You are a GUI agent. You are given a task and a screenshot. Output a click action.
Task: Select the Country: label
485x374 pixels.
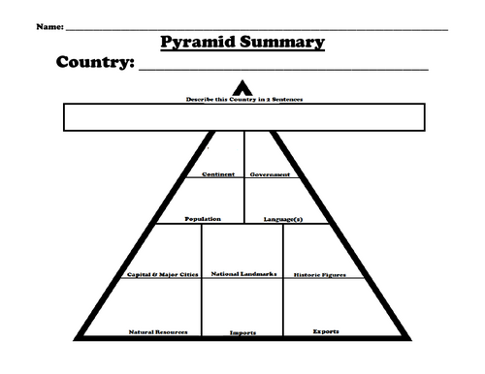coord(92,65)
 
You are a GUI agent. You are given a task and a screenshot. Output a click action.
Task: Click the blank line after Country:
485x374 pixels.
coord(281,70)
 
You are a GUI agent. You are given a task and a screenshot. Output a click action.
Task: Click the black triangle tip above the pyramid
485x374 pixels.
coord(242,87)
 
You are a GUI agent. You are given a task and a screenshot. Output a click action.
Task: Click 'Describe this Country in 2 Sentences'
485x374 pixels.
coord(242,99)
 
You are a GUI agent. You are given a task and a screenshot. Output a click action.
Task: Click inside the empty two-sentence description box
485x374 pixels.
coord(242,117)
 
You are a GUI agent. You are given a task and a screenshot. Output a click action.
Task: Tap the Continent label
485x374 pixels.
coord(218,174)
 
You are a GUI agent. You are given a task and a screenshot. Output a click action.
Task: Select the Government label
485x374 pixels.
coord(270,174)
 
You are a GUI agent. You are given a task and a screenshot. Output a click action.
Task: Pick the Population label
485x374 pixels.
coord(203,219)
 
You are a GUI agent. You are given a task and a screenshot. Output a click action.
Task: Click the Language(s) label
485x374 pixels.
coord(283,219)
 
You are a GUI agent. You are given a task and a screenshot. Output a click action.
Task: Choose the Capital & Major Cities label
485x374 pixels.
coord(162,274)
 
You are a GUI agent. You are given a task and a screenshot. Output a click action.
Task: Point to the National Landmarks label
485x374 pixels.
coord(243,273)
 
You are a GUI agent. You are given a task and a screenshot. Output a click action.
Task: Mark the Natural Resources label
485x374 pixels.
coord(157,331)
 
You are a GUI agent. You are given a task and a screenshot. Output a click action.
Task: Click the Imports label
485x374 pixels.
coord(242,332)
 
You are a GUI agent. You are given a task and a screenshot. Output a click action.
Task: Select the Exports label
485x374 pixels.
coord(326,330)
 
